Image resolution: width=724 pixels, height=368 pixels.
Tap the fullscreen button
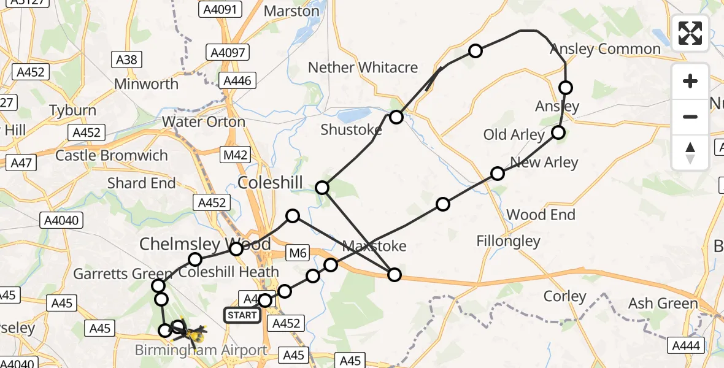click(x=690, y=33)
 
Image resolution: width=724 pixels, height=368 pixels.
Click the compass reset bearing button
click(x=690, y=152)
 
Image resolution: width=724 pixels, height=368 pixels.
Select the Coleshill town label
click(x=270, y=183)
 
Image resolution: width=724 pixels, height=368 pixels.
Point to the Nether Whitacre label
click(x=363, y=67)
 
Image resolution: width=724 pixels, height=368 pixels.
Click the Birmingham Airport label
click(x=202, y=351)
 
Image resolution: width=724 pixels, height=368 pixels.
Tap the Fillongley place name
click(x=509, y=242)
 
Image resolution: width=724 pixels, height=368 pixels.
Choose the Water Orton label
click(x=204, y=121)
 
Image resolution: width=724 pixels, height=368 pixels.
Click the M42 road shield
click(x=235, y=155)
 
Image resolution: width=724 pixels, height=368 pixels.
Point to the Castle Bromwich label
click(x=112, y=155)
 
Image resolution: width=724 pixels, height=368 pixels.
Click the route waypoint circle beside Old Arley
click(x=558, y=132)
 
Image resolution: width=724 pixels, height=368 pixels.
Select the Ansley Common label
click(x=605, y=49)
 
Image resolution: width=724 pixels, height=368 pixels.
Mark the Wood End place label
click(x=541, y=215)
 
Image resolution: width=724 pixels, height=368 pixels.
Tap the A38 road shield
click(x=127, y=59)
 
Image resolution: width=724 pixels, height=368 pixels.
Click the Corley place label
click(x=564, y=296)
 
